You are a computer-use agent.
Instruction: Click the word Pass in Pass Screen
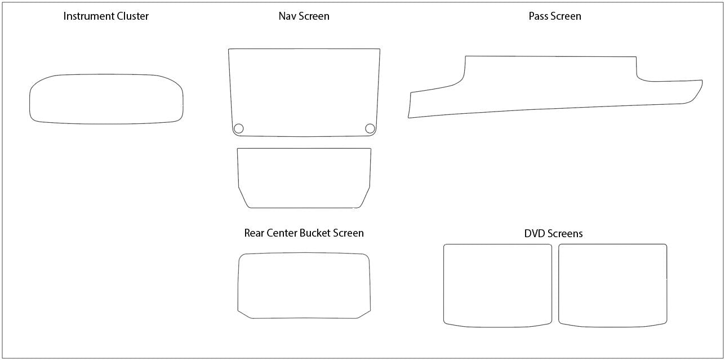tap(538, 16)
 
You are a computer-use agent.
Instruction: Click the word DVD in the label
tap(533, 233)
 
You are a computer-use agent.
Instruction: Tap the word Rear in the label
tap(254, 233)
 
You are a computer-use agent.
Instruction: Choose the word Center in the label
tap(282, 233)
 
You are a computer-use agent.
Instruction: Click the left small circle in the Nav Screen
tap(238, 128)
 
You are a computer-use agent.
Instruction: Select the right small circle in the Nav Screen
tap(370, 128)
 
